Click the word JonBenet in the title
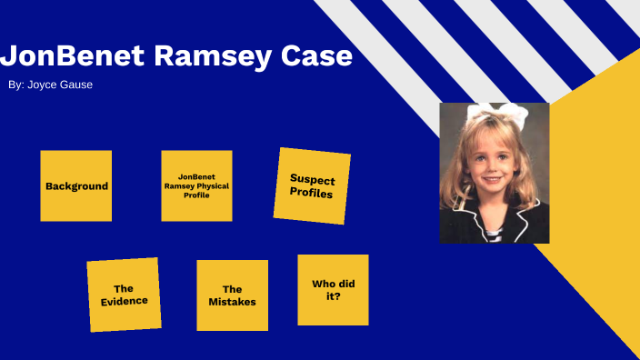(x=71, y=55)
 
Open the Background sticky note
(x=76, y=185)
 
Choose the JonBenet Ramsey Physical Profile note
(x=196, y=185)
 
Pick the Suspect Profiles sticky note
(x=311, y=185)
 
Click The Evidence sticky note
(x=124, y=295)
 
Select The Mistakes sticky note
(x=232, y=295)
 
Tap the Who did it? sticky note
(x=333, y=289)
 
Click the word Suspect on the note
(x=311, y=178)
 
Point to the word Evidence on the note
(x=124, y=301)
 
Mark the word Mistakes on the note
(x=232, y=302)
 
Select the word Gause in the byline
(x=76, y=85)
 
